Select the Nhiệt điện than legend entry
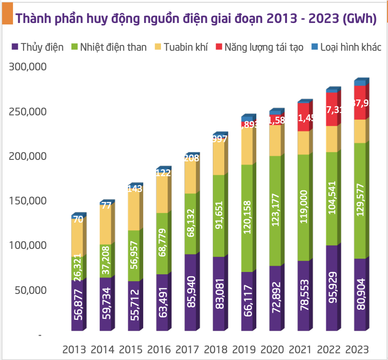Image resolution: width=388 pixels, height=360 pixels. pos(109,47)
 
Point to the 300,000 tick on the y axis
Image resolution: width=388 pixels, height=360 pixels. pos(27,67)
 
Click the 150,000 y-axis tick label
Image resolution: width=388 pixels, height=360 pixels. pos(27,201)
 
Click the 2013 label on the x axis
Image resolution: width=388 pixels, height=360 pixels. pos(74,349)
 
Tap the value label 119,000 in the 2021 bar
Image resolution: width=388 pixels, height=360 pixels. pos(303,207)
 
